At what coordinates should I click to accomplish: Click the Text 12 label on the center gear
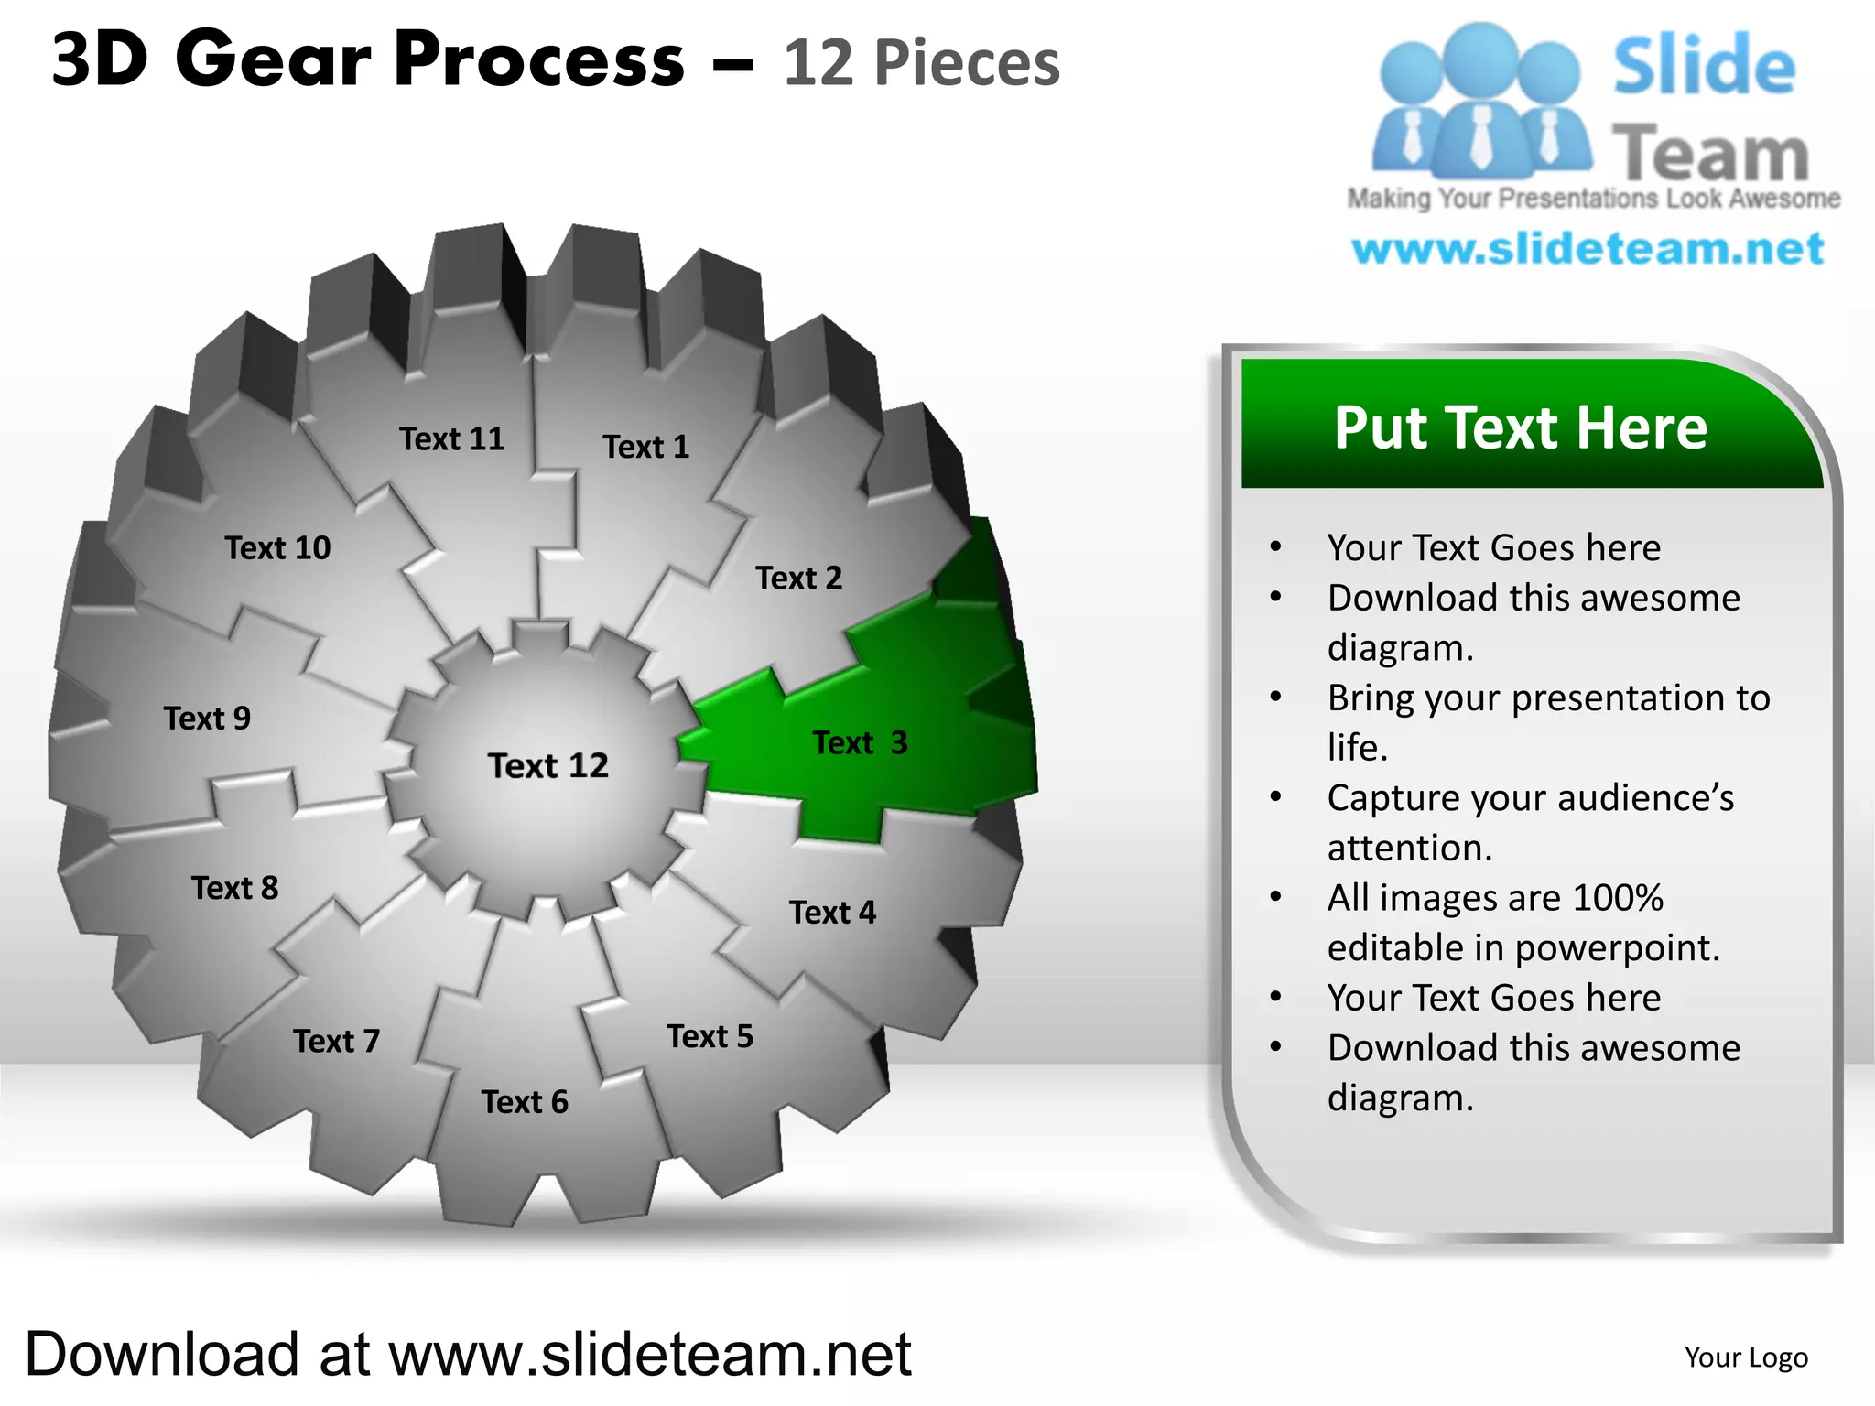tap(547, 765)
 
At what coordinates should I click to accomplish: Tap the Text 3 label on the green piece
tap(859, 742)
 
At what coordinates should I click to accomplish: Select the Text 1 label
tap(645, 447)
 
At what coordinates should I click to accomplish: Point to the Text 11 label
tap(451, 438)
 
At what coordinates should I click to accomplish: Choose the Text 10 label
tap(277, 547)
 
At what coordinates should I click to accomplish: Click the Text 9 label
tap(207, 718)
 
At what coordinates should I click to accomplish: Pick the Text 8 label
tap(234, 887)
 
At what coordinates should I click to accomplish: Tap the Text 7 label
tap(336, 1041)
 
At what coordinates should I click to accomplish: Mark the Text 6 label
tap(525, 1101)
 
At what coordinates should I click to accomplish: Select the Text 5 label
tap(710, 1036)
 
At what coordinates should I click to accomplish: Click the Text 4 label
tap(832, 912)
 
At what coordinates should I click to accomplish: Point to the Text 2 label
tap(798, 578)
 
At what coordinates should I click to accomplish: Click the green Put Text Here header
tap(1520, 427)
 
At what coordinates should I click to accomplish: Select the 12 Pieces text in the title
tap(921, 63)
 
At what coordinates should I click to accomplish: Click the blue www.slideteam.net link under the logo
tap(1588, 249)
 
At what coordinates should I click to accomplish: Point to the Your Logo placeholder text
tap(1746, 1357)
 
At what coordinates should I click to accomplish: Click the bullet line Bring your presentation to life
tap(1547, 722)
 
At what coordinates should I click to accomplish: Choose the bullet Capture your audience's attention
tap(1530, 822)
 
